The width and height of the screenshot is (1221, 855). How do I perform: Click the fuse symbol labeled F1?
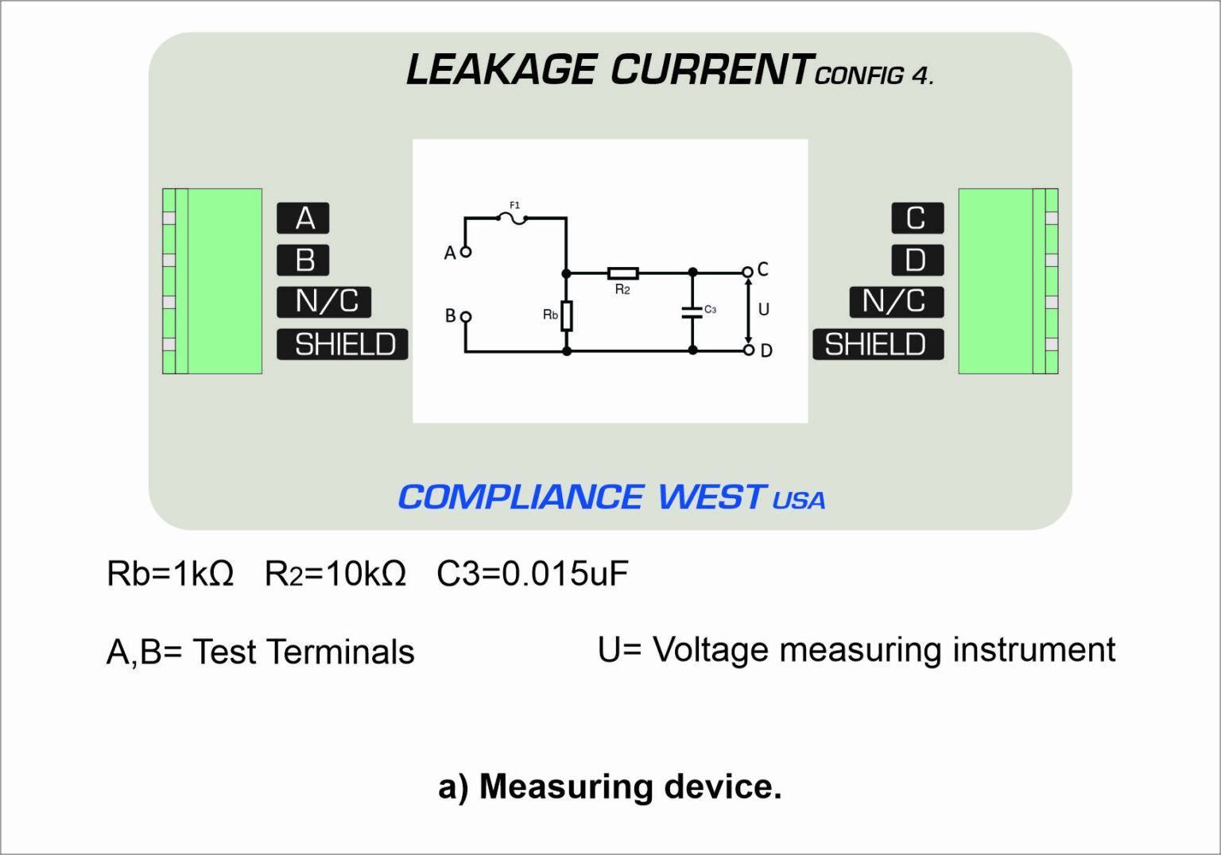pos(515,217)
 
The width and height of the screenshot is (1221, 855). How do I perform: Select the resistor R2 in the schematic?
pos(622,273)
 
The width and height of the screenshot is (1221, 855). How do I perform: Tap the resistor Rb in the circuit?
pos(567,315)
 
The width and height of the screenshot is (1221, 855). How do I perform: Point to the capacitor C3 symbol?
pos(692,311)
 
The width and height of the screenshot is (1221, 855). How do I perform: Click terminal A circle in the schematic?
pos(466,252)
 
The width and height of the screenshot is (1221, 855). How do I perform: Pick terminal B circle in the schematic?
pos(466,316)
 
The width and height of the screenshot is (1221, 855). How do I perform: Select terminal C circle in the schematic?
pos(747,273)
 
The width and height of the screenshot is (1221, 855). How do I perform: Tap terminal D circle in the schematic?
pos(748,350)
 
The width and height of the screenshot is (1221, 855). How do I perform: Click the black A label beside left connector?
pos(303,219)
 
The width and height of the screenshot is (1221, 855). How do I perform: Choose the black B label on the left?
pos(303,261)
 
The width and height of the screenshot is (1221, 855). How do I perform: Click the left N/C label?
pos(324,302)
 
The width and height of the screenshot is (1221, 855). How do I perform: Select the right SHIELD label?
pos(878,344)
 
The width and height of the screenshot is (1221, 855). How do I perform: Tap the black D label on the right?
pos(917,261)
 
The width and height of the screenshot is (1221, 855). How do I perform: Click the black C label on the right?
pos(917,219)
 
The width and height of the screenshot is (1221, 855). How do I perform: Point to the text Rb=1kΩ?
pos(170,573)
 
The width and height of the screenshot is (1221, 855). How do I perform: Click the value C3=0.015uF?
pos(532,573)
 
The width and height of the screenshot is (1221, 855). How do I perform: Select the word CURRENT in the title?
pos(711,70)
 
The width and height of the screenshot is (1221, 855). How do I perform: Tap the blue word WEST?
pos(711,497)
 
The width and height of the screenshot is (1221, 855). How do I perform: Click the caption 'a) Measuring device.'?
pos(610,787)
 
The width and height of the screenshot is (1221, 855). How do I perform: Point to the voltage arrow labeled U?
pos(748,311)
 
